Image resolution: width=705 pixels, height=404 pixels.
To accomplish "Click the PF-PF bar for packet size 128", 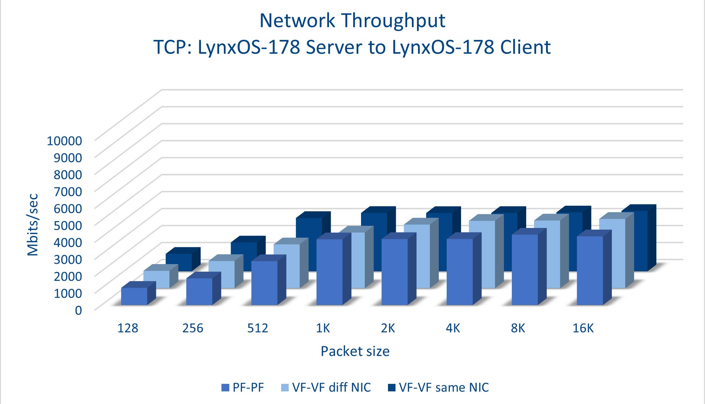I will pos(134,296).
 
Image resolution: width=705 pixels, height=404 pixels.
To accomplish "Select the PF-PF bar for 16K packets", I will pos(590,270).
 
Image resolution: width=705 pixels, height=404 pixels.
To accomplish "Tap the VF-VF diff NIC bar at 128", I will pos(157,279).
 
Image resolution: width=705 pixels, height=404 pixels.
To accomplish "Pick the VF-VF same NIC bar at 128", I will pos(179,262).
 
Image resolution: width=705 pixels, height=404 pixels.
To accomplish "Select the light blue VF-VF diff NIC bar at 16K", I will pos(612,253).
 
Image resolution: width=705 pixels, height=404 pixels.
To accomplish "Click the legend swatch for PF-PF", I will pos(225,388).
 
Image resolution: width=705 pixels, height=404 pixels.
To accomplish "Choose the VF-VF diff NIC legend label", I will pos(331,388).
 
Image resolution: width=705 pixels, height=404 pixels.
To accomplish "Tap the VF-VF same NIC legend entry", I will pos(444,388).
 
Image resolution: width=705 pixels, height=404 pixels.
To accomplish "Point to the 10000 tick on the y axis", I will pos(64,141).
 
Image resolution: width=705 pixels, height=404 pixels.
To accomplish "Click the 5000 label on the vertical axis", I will pos(68,225).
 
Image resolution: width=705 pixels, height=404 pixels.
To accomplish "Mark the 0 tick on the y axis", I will pos(78,310).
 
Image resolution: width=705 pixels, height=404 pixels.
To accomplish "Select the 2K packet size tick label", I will pos(388,328).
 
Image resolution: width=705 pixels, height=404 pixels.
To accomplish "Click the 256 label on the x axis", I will pos(193,328).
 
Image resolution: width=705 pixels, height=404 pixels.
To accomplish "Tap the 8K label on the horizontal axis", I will pos(518,328).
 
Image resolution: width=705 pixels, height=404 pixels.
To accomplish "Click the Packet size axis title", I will pos(355,351).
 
